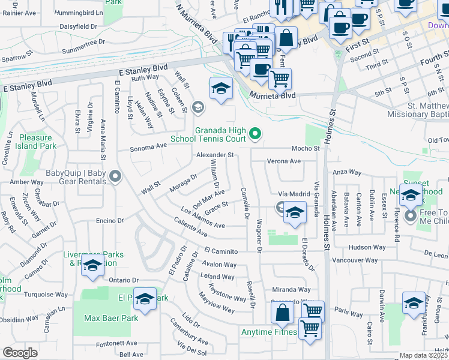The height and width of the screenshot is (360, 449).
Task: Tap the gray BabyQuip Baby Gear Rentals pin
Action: (x=115, y=176)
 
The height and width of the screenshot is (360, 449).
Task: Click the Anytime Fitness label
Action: (x=270, y=332)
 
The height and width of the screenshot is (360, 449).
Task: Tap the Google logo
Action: (x=20, y=353)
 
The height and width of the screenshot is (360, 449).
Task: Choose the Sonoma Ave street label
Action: (x=149, y=146)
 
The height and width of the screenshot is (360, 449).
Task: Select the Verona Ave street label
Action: (x=283, y=161)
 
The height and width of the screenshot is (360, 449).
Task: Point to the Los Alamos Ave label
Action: (x=203, y=217)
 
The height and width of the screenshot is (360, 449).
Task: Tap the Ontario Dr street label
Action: (x=123, y=280)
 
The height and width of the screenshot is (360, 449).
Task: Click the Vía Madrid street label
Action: (x=294, y=194)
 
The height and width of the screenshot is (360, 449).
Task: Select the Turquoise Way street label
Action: (x=47, y=295)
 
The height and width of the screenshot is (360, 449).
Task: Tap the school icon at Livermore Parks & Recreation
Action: (x=92, y=267)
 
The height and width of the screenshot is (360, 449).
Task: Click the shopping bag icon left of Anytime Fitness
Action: (x=282, y=313)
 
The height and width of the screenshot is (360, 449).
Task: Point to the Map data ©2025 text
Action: (x=424, y=355)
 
